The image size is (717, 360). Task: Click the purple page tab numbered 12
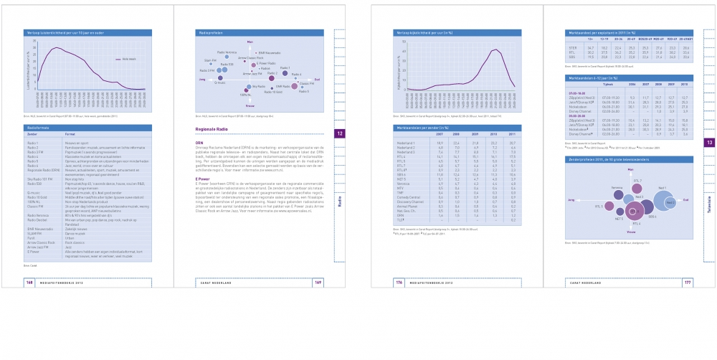pos(340,134)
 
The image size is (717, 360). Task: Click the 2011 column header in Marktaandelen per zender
pos(511,134)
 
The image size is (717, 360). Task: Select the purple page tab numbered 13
pos(708,143)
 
